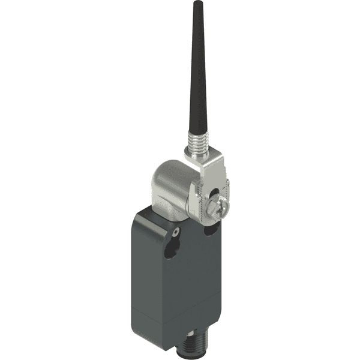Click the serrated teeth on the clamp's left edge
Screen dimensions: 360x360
[x=193, y=201]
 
